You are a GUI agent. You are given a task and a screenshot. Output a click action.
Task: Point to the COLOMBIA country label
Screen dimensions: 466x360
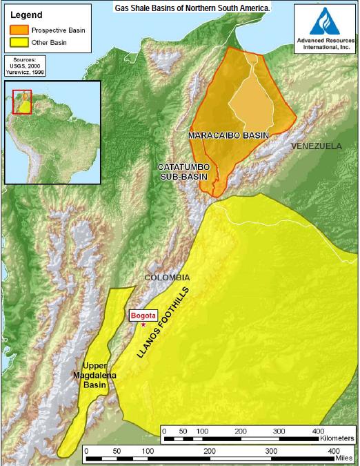click(166, 278)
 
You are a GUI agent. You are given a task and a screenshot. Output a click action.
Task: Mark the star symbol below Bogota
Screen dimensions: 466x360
click(143, 323)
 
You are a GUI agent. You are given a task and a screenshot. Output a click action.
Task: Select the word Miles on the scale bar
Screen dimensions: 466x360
click(339, 458)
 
